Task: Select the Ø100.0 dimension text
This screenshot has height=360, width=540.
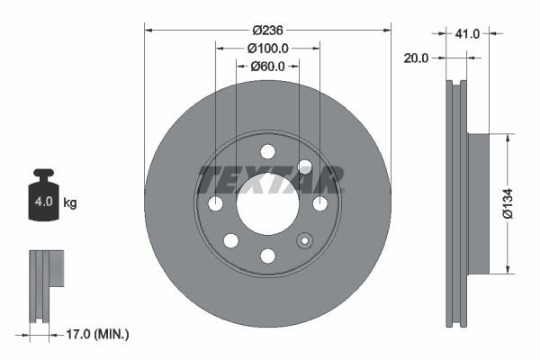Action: click(x=267, y=48)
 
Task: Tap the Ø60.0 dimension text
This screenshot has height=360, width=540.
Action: click(x=267, y=66)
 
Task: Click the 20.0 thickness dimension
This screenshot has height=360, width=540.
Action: click(x=417, y=57)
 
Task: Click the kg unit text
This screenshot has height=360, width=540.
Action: click(x=70, y=203)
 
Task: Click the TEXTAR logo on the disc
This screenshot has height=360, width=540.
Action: click(x=269, y=179)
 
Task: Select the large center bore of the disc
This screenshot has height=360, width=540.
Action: click(x=267, y=204)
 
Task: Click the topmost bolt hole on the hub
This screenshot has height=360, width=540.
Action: click(x=267, y=151)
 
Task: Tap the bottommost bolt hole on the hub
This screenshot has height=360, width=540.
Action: click(x=267, y=256)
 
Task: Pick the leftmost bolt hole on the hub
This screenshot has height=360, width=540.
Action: click(x=215, y=204)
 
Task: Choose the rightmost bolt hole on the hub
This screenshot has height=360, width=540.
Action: click(x=319, y=204)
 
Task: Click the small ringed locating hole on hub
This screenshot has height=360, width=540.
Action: click(x=304, y=240)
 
